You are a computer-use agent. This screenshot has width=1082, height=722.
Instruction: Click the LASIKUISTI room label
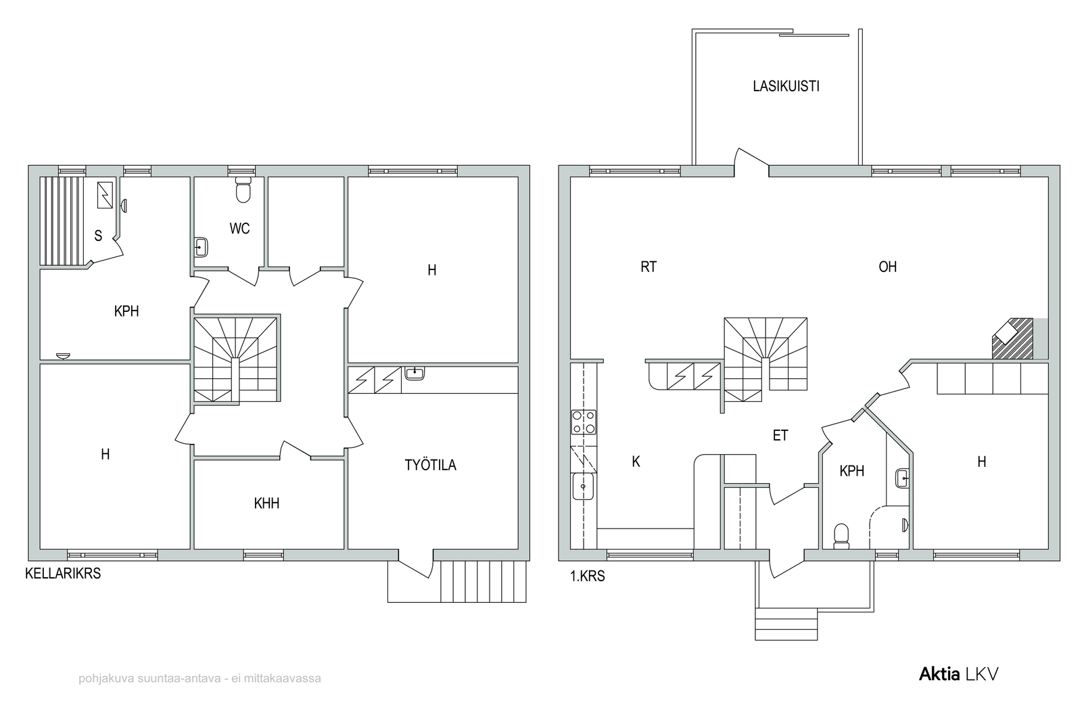(x=786, y=86)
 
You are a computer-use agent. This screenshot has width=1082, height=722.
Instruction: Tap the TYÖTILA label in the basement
(x=430, y=465)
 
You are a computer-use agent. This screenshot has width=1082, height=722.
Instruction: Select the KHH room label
(x=266, y=503)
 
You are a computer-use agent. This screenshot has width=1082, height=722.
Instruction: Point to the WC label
(x=239, y=228)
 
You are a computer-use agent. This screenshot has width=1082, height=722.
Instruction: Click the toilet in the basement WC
(x=243, y=190)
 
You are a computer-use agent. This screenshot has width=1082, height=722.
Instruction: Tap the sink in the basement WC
(x=201, y=248)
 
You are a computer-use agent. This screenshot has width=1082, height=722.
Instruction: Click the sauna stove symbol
(x=105, y=196)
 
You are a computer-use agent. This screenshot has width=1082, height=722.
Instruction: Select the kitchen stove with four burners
(x=584, y=422)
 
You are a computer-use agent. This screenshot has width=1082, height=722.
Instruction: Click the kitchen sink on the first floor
(x=583, y=486)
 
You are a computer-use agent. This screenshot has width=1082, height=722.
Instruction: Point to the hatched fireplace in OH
(x=1013, y=339)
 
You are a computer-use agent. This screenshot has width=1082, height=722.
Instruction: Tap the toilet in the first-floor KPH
(x=841, y=537)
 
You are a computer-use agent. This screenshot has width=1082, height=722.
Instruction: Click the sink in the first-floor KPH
(x=902, y=478)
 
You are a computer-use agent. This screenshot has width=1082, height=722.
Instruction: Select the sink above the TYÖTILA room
(x=415, y=373)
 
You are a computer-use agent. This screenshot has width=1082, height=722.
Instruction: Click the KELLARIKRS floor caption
(x=63, y=574)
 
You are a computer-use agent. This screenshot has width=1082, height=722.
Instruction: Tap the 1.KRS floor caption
(x=588, y=576)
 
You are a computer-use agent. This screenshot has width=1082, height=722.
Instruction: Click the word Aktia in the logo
(x=939, y=674)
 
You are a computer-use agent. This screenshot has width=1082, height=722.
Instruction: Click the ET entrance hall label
(x=780, y=435)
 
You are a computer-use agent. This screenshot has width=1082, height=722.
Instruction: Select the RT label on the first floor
(x=649, y=267)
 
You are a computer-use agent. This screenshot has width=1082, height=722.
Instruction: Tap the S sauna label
(x=98, y=236)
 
